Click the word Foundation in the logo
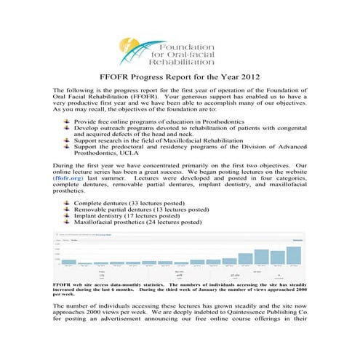pos(185,46)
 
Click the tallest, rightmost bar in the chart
pos(294,255)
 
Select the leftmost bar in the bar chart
pos(68,261)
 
